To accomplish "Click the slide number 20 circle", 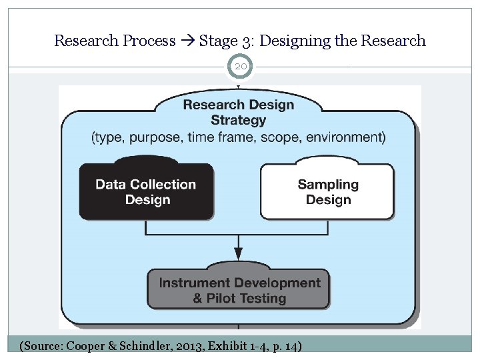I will pos(240,67).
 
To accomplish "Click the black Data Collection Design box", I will pos(146,192).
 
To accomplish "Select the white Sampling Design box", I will pos(327,192).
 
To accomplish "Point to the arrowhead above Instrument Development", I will pos(239,253).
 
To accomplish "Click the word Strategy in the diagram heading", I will pos(238,121).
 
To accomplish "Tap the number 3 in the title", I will pos(247,41).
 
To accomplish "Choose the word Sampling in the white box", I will pos(328,185).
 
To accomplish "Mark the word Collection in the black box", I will pos(163,185).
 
